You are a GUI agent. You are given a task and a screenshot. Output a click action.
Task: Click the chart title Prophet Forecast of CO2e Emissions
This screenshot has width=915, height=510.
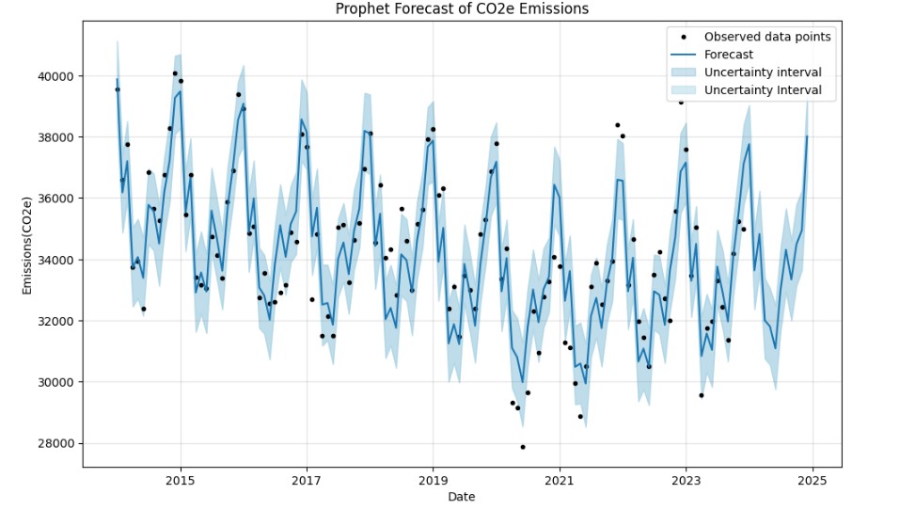[x=462, y=9]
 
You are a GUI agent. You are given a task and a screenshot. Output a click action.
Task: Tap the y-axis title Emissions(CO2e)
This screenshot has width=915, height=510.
[x=29, y=246]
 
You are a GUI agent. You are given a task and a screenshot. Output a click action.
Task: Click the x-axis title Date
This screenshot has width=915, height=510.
[x=462, y=497]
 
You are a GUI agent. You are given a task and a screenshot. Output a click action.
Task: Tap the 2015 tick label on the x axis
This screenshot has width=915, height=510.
[x=181, y=479]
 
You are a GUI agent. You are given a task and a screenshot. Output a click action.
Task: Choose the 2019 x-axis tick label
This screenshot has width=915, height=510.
[x=433, y=479]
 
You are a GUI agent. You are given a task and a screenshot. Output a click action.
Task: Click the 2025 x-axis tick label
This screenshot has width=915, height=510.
[x=812, y=479]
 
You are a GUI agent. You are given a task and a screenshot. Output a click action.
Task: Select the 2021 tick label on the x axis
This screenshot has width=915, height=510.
[x=560, y=479]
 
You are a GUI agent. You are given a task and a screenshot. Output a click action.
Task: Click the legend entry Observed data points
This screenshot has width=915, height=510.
[x=767, y=37]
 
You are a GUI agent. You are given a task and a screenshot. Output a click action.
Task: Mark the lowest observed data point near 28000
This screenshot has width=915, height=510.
[x=523, y=447]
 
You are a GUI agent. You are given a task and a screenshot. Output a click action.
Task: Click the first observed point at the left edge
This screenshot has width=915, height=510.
[x=118, y=89]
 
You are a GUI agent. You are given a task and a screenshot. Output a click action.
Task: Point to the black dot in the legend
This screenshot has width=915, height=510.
[x=685, y=37]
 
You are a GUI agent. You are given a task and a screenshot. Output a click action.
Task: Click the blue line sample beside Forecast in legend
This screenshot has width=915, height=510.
[x=685, y=55]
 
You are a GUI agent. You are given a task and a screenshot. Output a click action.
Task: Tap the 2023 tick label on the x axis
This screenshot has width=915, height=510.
[x=686, y=479]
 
